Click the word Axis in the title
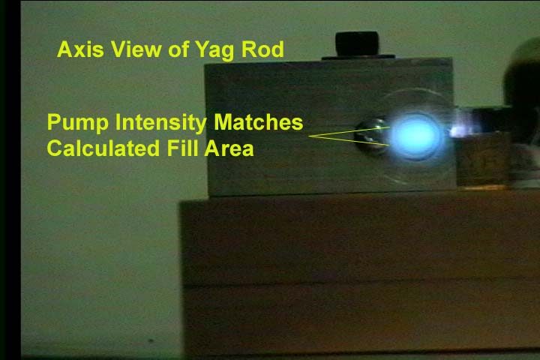[x=80, y=49]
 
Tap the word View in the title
[x=136, y=49]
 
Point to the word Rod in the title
[x=262, y=49]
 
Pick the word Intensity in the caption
[x=160, y=123]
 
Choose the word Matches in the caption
[x=258, y=122]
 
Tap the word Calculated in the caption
[x=103, y=148]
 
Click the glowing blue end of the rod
[x=415, y=136]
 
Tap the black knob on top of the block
[x=357, y=43]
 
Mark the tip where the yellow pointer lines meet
[x=309, y=136]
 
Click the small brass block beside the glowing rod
[x=482, y=159]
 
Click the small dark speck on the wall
[x=151, y=340]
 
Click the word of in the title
[x=178, y=49]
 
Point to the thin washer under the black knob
[x=358, y=57]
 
